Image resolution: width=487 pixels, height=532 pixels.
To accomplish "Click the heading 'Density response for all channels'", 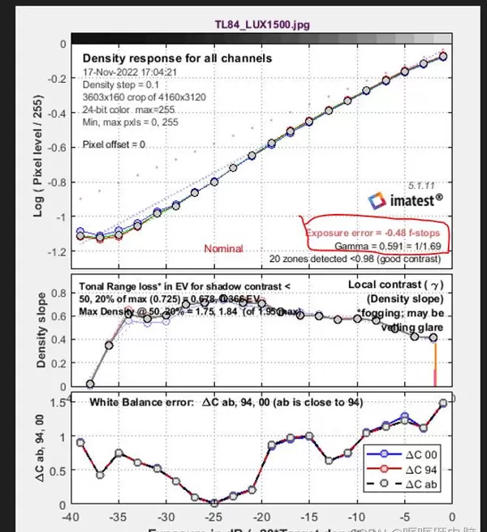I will (177, 58).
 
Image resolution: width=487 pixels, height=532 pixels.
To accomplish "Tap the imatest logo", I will (403, 199).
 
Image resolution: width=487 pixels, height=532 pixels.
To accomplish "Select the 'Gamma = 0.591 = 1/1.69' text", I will (387, 245).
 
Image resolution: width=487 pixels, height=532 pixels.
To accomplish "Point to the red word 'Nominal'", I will (223, 248).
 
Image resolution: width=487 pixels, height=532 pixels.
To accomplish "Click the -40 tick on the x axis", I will (73, 517).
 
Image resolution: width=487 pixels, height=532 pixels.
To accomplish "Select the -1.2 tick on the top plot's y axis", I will (57, 252).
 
